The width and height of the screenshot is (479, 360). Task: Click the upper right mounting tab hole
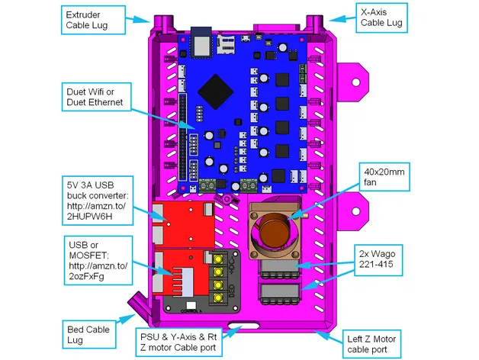[x=354, y=79]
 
